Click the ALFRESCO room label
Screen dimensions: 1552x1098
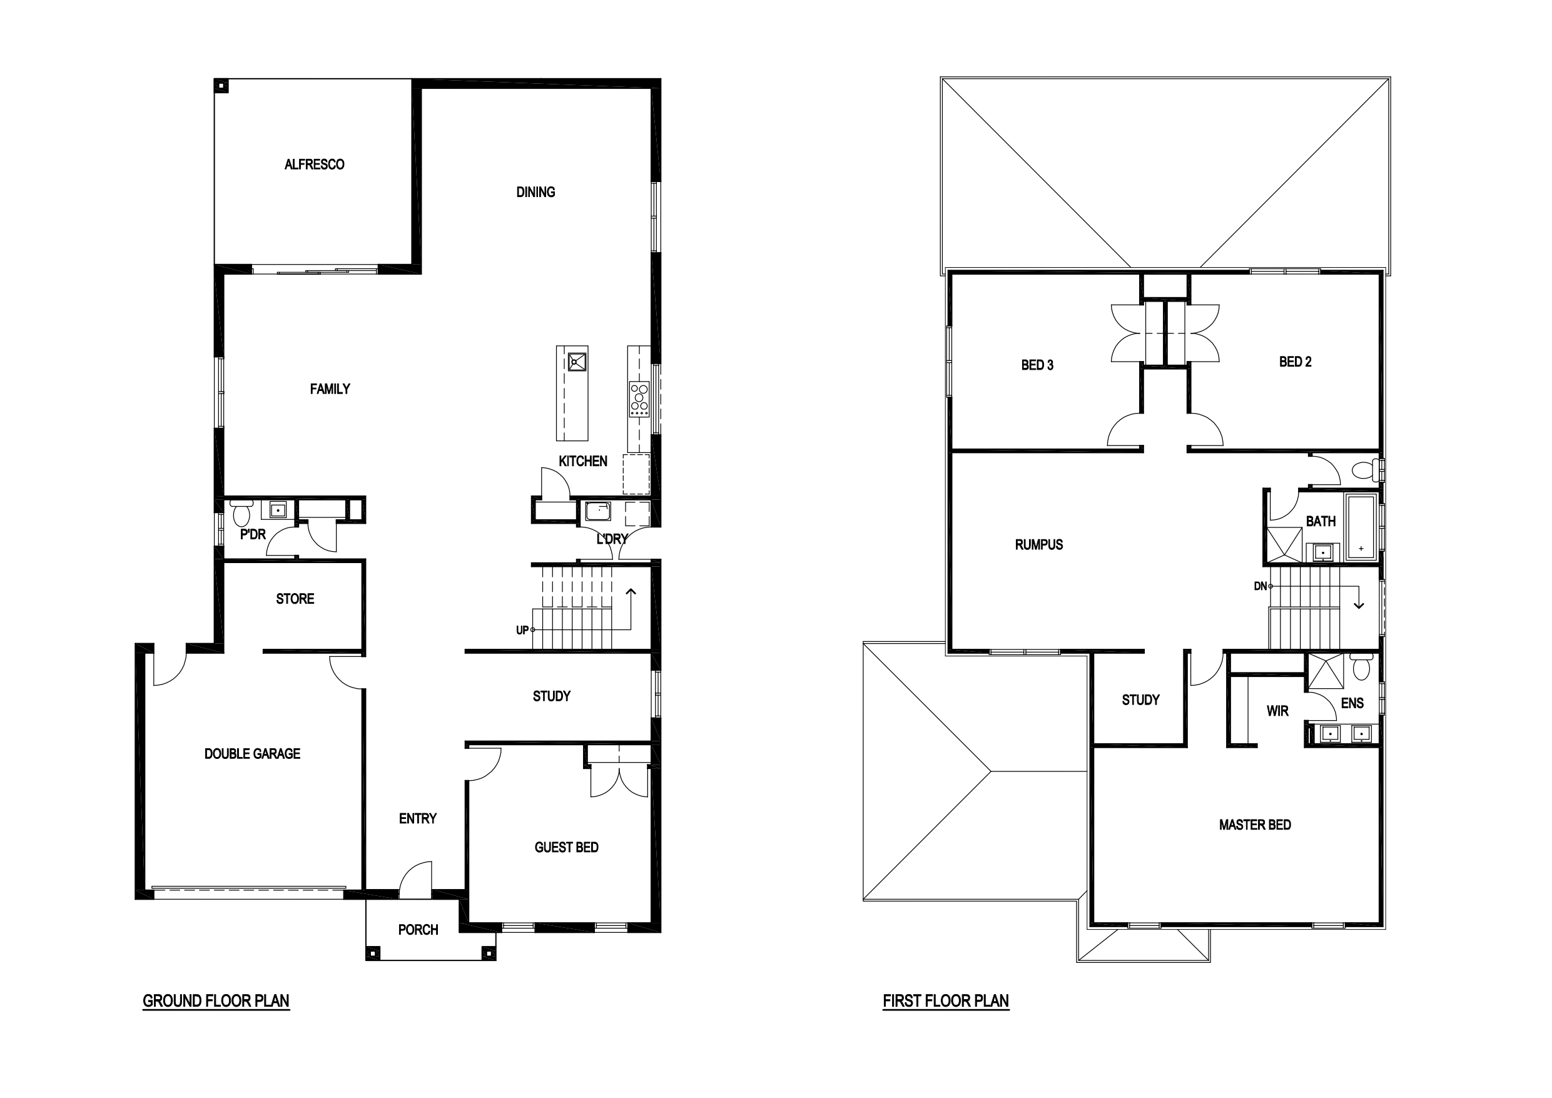[314, 165]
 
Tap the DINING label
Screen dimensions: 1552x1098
[535, 192]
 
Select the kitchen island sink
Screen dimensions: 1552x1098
[577, 362]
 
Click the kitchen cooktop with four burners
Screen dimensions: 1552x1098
[639, 399]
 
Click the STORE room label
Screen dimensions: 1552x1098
[295, 599]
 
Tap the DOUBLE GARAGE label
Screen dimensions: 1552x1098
[252, 754]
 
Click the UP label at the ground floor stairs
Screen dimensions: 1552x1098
[522, 630]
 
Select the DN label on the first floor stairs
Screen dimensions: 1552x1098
[1260, 586]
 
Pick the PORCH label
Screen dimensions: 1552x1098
[418, 930]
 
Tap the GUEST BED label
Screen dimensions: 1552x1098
[567, 847]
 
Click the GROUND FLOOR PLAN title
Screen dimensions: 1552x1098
[216, 1001]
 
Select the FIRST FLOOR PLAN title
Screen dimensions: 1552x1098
[946, 1001]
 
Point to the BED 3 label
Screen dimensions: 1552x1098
[1037, 365]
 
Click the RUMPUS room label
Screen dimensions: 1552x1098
[1039, 545]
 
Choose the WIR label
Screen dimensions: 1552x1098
[1277, 711]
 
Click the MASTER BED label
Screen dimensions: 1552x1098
[1255, 825]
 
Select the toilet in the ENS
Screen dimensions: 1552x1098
[1361, 666]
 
